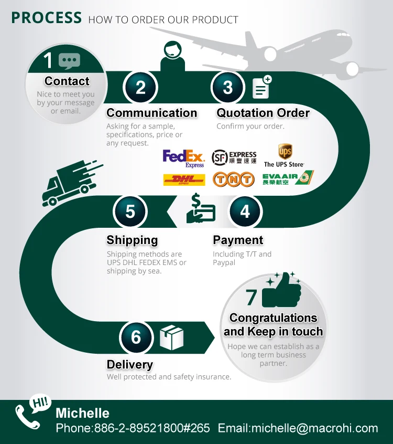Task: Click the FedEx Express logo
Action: [183, 157]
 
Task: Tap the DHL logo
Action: [184, 180]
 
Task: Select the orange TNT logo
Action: [233, 179]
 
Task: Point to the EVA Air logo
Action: [288, 178]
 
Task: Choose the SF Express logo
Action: [234, 157]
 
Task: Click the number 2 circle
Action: [140, 87]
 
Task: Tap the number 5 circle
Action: [130, 211]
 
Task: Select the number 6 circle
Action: [136, 336]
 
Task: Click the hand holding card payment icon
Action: [200, 210]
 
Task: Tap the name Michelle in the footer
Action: [83, 413]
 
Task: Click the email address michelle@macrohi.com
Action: [298, 428]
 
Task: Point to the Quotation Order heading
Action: [263, 113]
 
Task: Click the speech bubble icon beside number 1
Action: [69, 61]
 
